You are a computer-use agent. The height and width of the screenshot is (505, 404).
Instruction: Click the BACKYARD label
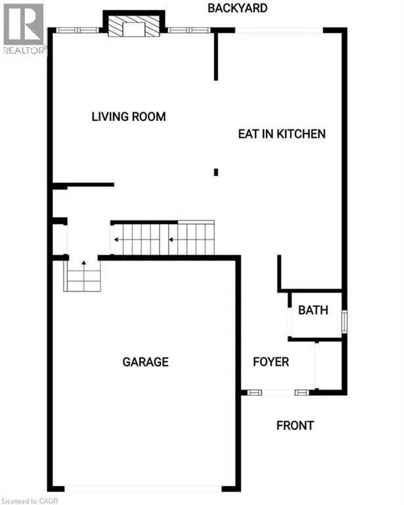click(x=237, y=8)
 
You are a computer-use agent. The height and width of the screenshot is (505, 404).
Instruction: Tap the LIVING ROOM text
click(x=128, y=117)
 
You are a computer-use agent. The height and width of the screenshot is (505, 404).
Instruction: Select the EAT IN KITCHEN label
click(x=281, y=133)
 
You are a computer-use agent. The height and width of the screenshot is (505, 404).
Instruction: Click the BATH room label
click(x=313, y=310)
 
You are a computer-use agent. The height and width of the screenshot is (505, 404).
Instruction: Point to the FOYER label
click(x=271, y=362)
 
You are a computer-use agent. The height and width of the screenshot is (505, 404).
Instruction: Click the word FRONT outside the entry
click(x=294, y=425)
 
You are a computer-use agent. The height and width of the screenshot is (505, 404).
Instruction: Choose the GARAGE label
click(x=145, y=362)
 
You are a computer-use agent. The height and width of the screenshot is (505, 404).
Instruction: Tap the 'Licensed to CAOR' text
click(x=30, y=500)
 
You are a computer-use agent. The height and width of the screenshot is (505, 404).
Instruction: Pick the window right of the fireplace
click(x=190, y=30)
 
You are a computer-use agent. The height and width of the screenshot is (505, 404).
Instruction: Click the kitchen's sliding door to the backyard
click(x=279, y=30)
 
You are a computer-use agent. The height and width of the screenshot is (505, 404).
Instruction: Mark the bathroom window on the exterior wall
click(x=344, y=322)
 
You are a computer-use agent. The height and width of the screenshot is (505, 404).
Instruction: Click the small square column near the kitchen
click(x=216, y=172)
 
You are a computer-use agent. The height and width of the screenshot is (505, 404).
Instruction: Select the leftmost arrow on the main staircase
click(x=117, y=239)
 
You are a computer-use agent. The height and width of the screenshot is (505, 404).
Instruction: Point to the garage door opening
click(x=143, y=488)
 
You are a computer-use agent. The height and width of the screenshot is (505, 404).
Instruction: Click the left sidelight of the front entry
click(x=254, y=393)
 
